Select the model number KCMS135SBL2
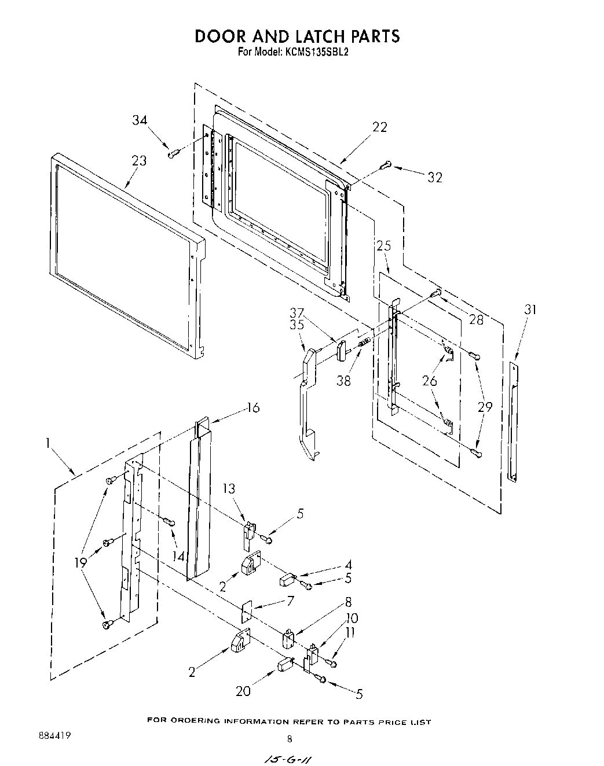[316, 51]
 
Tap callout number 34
[140, 120]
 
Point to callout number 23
[139, 160]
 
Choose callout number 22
[380, 127]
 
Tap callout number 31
[530, 310]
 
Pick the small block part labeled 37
[341, 351]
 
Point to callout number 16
[253, 407]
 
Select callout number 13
[229, 488]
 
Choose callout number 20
[244, 691]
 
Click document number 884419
[55, 735]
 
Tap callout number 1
[50, 444]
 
